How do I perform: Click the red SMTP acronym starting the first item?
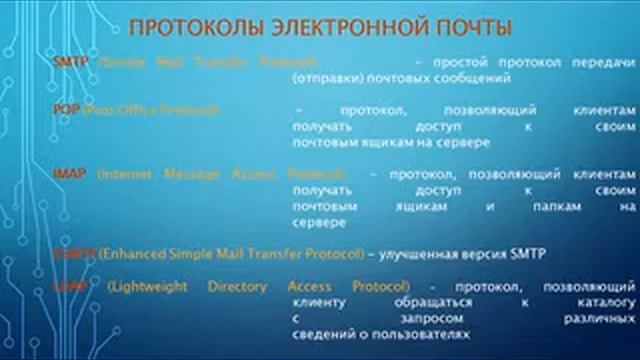click(x=70, y=62)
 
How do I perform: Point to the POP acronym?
click(x=66, y=109)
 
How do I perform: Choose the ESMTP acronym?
click(x=74, y=255)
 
